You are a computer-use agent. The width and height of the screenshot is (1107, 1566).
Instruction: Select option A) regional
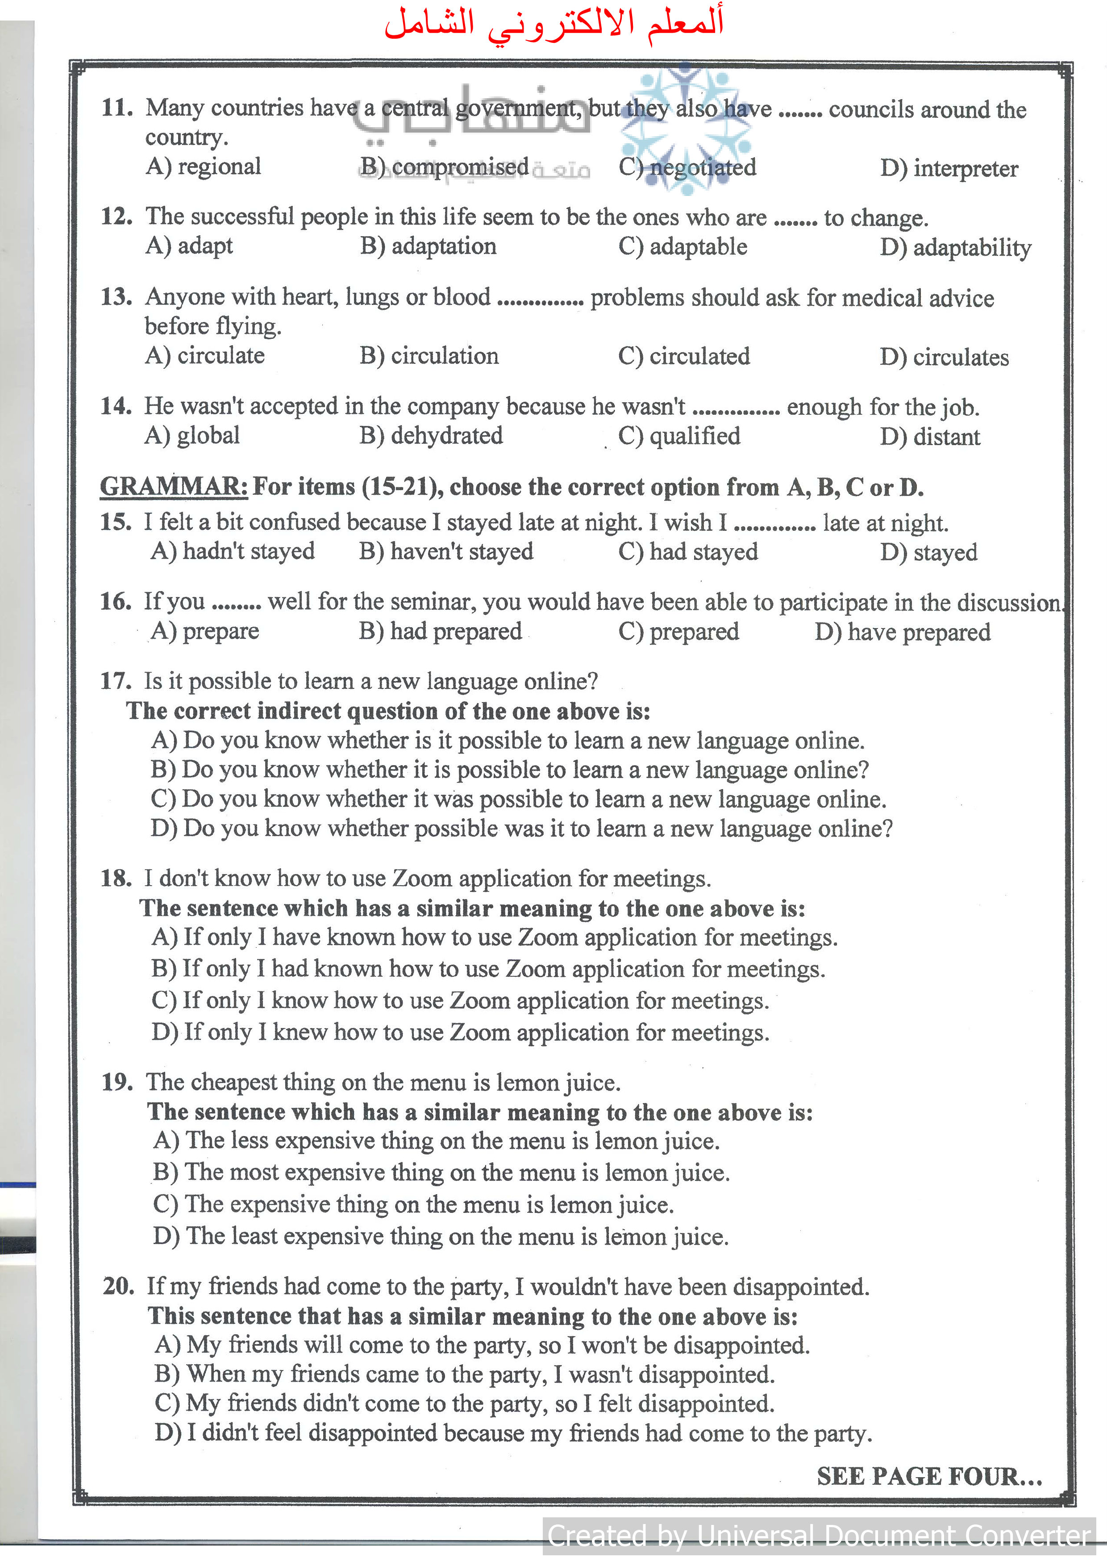[203, 167]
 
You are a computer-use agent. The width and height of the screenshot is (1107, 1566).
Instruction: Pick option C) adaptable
[683, 247]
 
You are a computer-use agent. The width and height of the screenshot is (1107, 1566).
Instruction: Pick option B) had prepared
[441, 632]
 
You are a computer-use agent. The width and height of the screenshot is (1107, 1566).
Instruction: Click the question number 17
[116, 681]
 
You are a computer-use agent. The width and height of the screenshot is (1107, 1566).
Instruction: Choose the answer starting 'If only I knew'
[460, 1033]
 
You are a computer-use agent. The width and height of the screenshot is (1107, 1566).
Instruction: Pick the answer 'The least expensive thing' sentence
[441, 1237]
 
